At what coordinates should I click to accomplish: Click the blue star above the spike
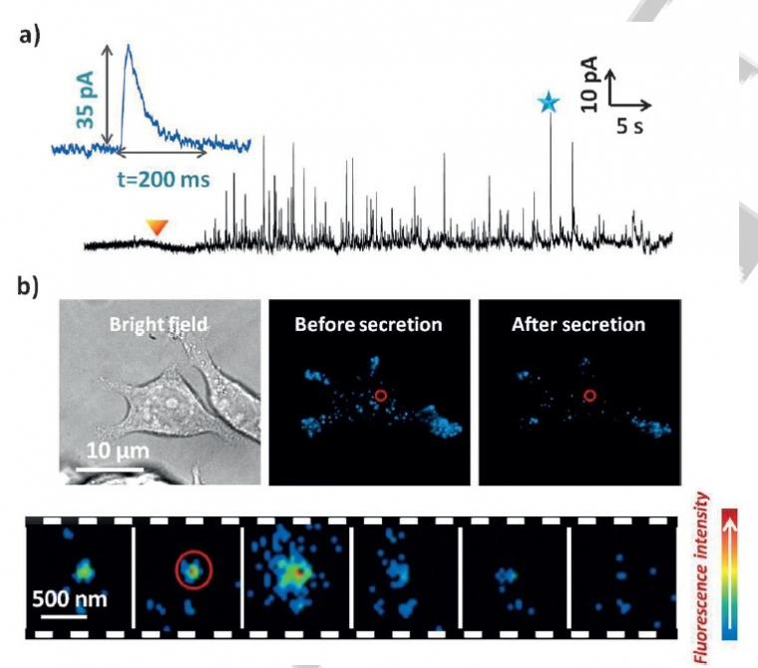coord(547,102)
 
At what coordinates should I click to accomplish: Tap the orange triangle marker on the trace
coord(156,228)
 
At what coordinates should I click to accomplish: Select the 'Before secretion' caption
coord(370,324)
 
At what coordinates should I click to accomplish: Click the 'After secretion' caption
coord(579,324)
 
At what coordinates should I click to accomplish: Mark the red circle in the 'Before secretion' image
coord(380,396)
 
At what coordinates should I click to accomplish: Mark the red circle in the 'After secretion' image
coord(589,396)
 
